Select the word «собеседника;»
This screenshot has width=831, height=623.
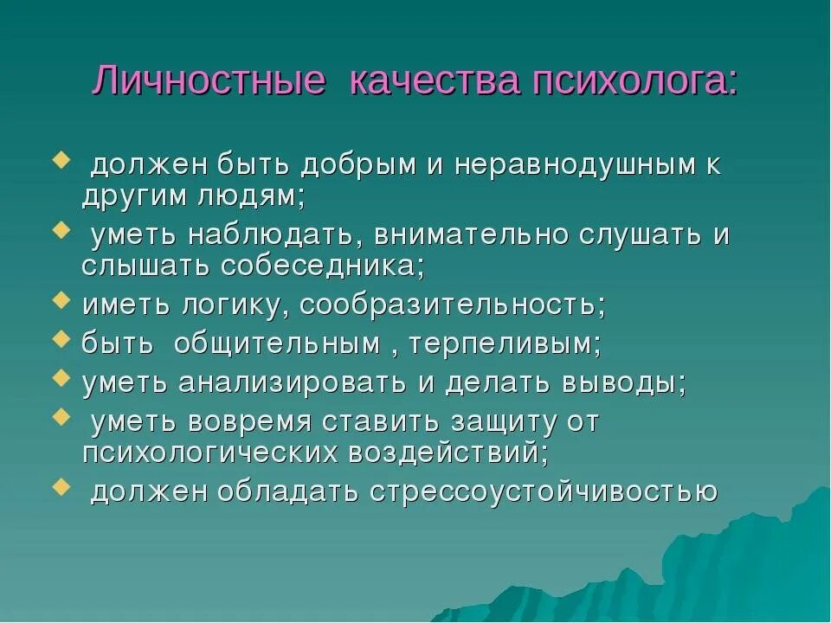(x=323, y=266)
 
